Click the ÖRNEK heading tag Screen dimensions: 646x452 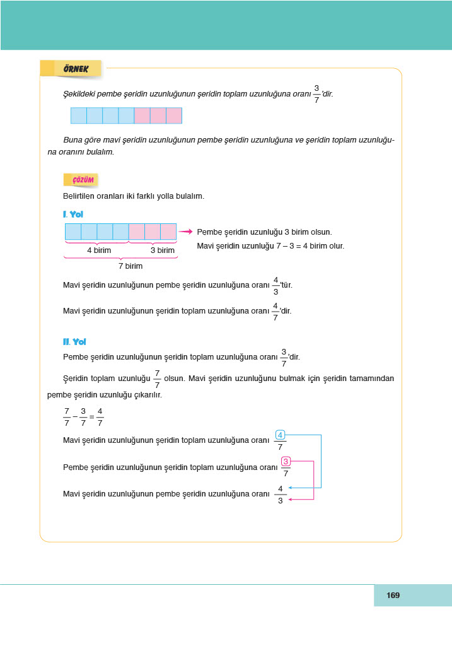pos(74,69)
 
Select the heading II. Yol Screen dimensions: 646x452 pos(74,341)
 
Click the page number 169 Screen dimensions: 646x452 pos(393,595)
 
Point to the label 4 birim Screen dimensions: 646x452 pos(99,250)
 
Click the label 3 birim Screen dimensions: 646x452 pos(162,250)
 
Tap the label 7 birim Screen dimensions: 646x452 pos(130,266)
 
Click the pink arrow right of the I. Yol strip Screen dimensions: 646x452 pos(185,232)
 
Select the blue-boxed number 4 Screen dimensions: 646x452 pos(280,434)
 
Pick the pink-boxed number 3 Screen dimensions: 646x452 pos(286,461)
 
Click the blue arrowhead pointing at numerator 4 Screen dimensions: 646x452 pos(289,488)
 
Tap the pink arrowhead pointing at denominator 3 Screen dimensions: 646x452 pos(289,500)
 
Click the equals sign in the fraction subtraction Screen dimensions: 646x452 pos(91,417)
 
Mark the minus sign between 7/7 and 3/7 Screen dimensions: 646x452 pos(74,417)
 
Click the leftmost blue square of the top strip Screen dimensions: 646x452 pos(79,115)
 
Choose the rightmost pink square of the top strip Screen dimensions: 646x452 pos(173,115)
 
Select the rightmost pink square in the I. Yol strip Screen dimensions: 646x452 pos(168,232)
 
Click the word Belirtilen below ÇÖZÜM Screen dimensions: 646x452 pos(81,196)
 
